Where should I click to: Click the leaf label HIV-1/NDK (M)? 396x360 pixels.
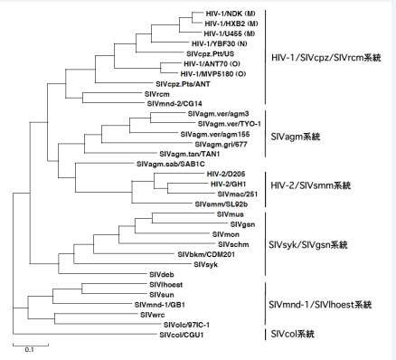pos(223,13)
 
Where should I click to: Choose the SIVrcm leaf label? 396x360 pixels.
pos(157,93)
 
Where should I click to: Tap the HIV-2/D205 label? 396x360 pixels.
pos(227,174)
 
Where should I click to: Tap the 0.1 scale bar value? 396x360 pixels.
pos(29,349)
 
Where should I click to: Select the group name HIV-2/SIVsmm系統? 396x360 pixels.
pos(314,185)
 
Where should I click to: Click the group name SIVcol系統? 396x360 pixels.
pos(294,334)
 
